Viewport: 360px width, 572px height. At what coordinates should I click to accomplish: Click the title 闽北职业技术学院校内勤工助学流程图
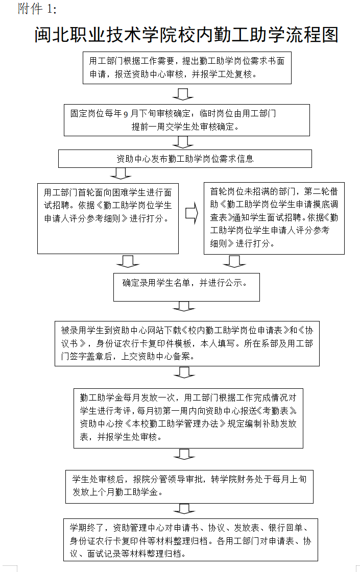point(186,35)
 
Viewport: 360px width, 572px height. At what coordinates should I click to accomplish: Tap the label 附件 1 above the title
point(37,9)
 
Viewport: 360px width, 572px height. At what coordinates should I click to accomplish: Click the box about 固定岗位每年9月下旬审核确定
point(186,120)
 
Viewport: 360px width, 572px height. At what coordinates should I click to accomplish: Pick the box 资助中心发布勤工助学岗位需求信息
point(185,159)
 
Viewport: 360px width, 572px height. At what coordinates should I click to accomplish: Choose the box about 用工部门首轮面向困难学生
point(108,218)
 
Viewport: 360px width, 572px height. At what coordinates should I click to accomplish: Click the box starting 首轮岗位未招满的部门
point(274,218)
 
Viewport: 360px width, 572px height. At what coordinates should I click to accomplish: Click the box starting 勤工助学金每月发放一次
point(188,417)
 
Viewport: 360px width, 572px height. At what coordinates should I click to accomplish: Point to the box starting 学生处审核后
point(189,486)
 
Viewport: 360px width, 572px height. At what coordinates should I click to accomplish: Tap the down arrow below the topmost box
point(183,94)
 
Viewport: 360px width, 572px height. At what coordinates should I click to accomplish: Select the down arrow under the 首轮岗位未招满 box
point(234,262)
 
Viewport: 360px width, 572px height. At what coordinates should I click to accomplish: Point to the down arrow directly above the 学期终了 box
point(184,509)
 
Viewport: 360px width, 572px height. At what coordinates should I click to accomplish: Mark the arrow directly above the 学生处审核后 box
point(184,454)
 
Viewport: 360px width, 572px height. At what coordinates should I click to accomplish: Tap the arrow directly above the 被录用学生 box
point(184,307)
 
